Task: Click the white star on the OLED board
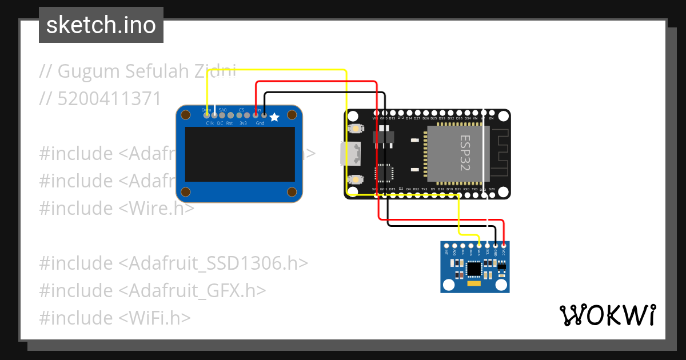tap(274, 117)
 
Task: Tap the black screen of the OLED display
tap(240, 154)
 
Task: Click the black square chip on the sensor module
tap(474, 268)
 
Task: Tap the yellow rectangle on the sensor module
tap(474, 283)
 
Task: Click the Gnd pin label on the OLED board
tap(260, 123)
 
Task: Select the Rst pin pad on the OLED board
tap(230, 115)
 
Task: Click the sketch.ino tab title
tap(101, 25)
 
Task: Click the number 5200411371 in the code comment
tap(110, 98)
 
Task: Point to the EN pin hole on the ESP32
tap(492, 112)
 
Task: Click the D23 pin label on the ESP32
tap(492, 189)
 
